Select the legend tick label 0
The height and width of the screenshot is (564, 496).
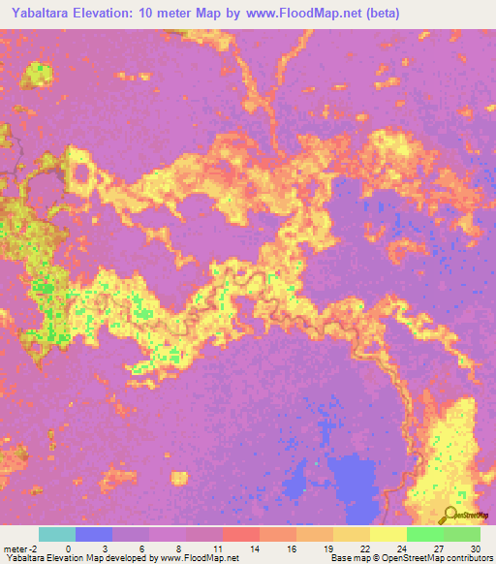(68, 548)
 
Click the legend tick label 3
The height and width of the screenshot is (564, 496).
(104, 548)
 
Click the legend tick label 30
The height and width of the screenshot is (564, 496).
(473, 548)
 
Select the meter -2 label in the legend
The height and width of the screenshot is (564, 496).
(19, 548)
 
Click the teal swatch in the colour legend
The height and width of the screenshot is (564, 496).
(57, 534)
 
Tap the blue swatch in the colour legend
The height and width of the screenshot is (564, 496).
(94, 534)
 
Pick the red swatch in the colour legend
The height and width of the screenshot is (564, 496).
(241, 534)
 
